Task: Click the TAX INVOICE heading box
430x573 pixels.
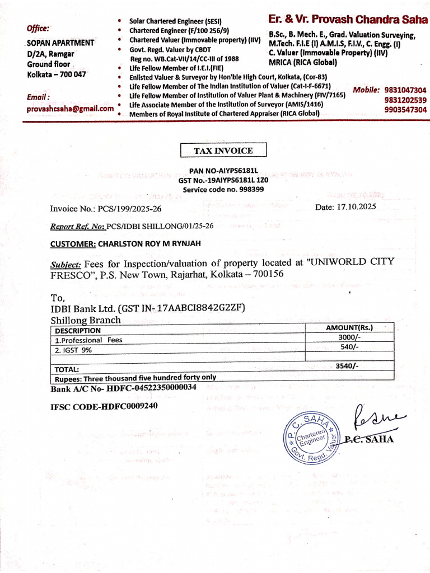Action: click(x=223, y=151)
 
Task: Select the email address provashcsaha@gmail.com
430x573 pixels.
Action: click(x=70, y=109)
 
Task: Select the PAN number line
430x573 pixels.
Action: click(x=223, y=171)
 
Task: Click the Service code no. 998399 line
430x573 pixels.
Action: click(x=223, y=190)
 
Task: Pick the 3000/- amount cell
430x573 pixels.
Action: click(x=348, y=337)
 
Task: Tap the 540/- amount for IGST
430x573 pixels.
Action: click(x=348, y=347)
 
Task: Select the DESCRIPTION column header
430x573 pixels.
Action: click(x=77, y=330)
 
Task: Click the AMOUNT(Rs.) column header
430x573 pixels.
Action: click(x=349, y=328)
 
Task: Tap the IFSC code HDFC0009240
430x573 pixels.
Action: click(x=104, y=406)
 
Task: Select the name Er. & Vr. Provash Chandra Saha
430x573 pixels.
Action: click(x=347, y=20)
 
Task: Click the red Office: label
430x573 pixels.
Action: click(x=38, y=28)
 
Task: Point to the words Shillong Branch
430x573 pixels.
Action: click(x=85, y=320)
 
